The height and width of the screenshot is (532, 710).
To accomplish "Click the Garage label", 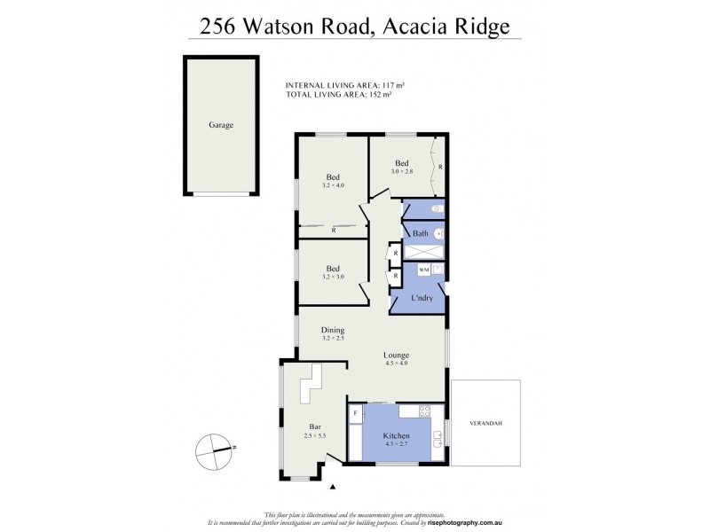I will (x=221, y=125).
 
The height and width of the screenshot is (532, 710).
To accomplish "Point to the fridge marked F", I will (x=356, y=413).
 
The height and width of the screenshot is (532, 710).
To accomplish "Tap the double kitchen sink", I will (x=438, y=434).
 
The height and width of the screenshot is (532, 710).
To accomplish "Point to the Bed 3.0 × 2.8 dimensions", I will (x=401, y=172).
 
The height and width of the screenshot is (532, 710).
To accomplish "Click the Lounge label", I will (x=397, y=355).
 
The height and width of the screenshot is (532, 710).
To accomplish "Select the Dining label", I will (x=332, y=330).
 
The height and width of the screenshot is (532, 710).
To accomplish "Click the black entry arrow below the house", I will (x=334, y=487).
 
